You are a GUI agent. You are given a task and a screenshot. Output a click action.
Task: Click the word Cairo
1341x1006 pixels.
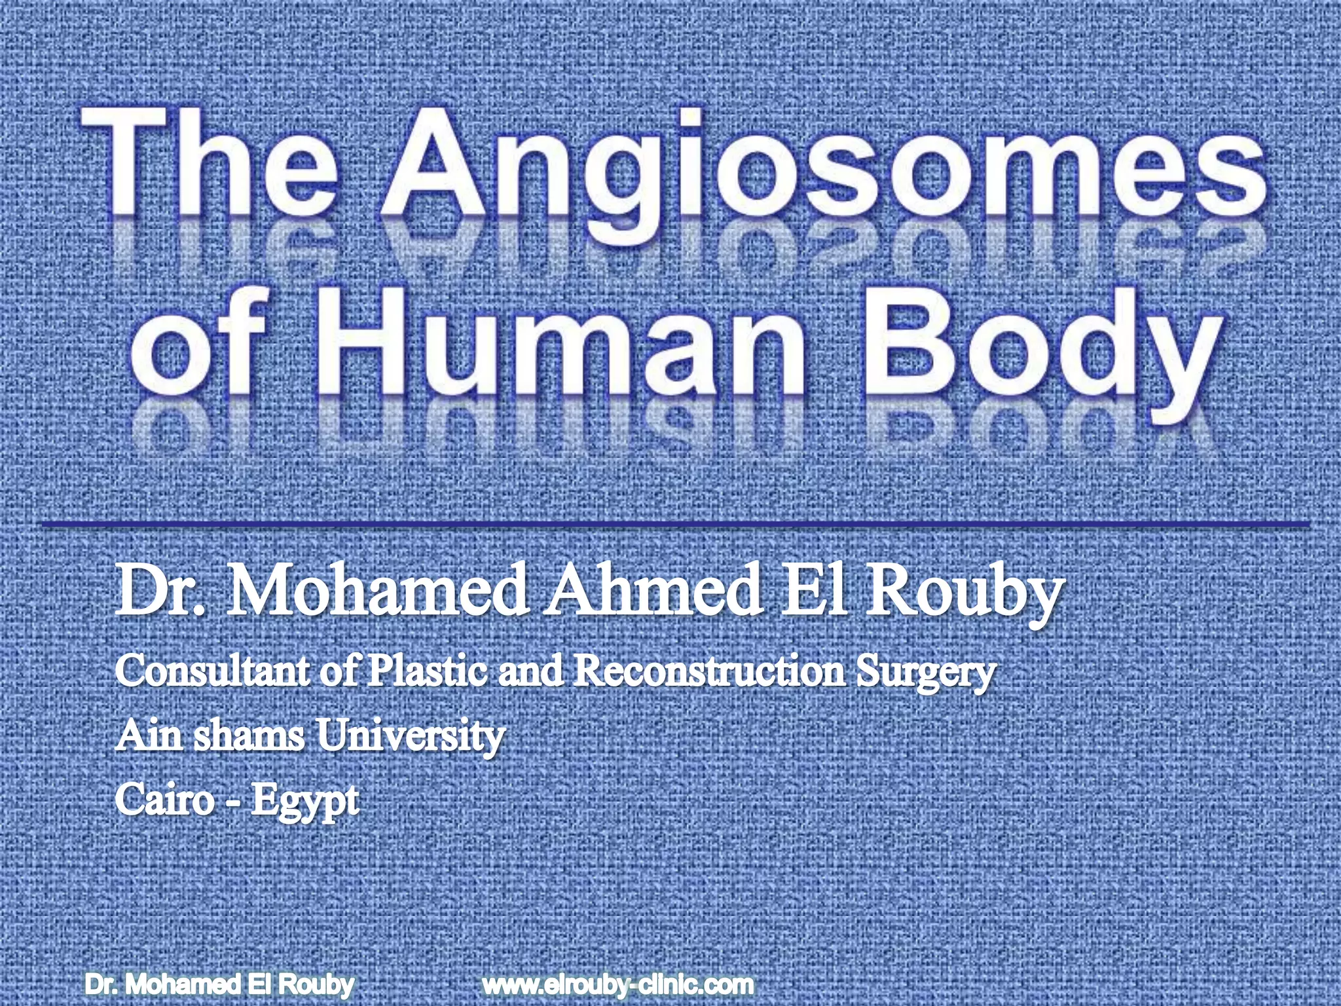(164, 799)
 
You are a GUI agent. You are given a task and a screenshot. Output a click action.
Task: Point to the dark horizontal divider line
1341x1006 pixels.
(674, 525)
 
